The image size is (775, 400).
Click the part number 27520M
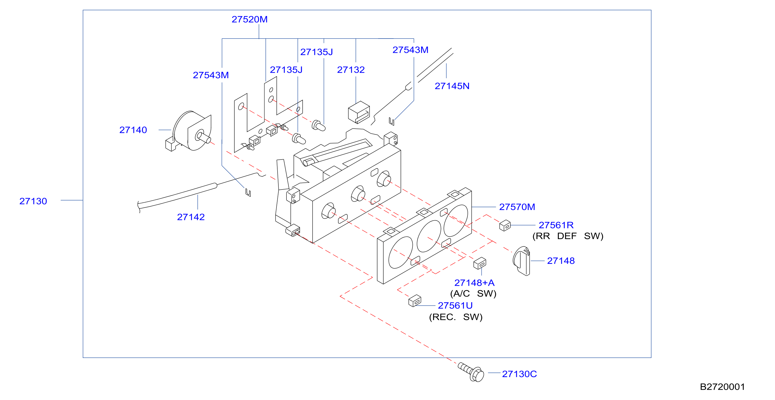pos(250,19)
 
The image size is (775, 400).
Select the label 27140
pos(133,130)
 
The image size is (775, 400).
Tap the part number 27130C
pos(519,374)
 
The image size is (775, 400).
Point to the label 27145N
pos(452,86)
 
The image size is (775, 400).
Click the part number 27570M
pos(517,207)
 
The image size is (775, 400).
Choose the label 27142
pos(191,217)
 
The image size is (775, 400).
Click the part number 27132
pos(351,70)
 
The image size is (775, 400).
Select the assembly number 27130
pos(33,201)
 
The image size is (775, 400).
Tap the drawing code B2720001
pos(722,387)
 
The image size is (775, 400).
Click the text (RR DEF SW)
pos(568,236)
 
